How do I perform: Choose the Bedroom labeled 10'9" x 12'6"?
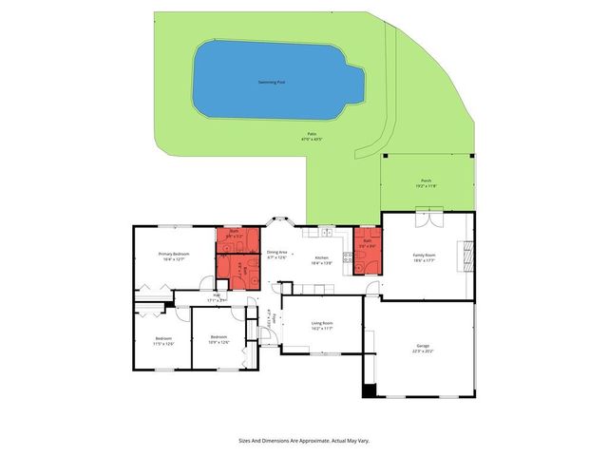pyautogui.click(x=218, y=337)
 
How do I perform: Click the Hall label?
pyautogui.click(x=217, y=298)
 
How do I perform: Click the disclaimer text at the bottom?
pyautogui.click(x=303, y=440)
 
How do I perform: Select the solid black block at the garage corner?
pyautogui.click(x=369, y=390)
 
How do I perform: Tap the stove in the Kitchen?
pyautogui.click(x=347, y=257)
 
